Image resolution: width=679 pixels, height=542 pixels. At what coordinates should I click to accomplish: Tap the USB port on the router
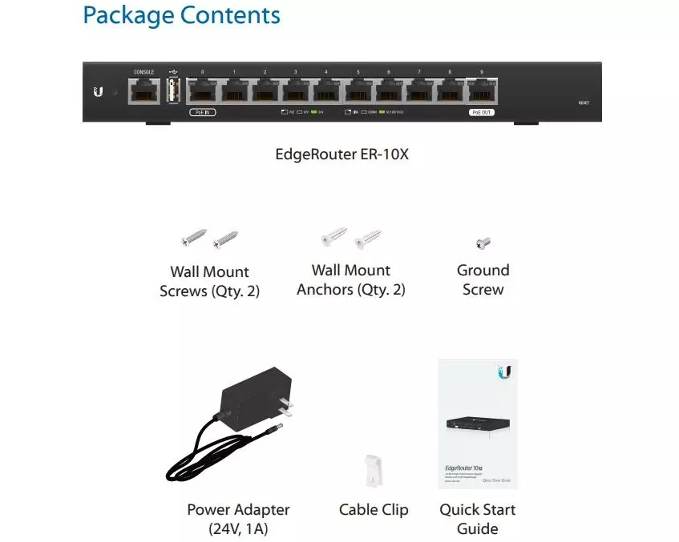(x=174, y=92)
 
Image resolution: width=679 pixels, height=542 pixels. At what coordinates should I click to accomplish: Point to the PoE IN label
(x=203, y=113)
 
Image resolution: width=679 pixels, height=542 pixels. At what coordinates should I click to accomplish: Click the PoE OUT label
(x=482, y=113)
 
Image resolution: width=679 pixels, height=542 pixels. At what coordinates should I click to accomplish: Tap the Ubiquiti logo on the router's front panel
(x=99, y=92)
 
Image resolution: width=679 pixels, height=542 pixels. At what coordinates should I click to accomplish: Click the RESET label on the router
(x=584, y=103)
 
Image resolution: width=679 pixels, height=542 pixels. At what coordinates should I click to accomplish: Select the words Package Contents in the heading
(x=182, y=15)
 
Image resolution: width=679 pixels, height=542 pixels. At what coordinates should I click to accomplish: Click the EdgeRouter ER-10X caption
(x=342, y=155)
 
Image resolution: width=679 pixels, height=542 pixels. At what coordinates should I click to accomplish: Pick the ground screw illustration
(x=483, y=243)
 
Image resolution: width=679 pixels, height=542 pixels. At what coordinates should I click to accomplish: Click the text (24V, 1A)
(x=238, y=529)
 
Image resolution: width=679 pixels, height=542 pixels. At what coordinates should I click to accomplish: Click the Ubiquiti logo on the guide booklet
(x=504, y=372)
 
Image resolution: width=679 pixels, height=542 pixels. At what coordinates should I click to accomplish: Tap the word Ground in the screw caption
(x=483, y=271)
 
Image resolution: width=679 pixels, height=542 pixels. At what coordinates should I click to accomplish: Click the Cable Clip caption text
(x=374, y=510)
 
